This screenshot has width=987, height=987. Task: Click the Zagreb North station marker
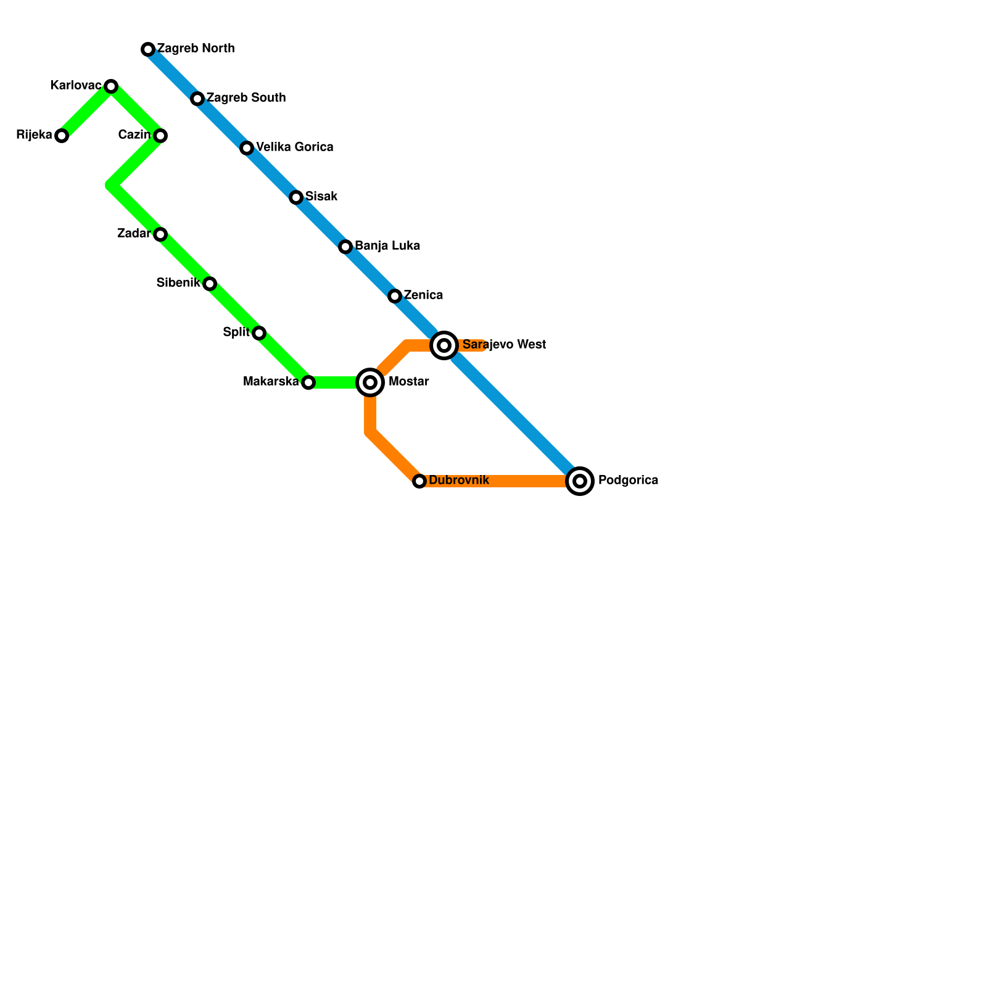pyautogui.click(x=148, y=49)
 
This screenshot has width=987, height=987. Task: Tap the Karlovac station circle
pyautogui.click(x=111, y=86)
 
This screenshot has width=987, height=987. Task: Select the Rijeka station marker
pyautogui.click(x=62, y=136)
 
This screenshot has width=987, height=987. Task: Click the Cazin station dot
pyautogui.click(x=160, y=136)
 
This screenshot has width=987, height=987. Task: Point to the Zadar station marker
pyautogui.click(x=160, y=234)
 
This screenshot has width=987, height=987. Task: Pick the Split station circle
pyautogui.click(x=259, y=333)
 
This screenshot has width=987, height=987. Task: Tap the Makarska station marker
pyautogui.click(x=308, y=382)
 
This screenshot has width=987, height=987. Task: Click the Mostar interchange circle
pyautogui.click(x=370, y=382)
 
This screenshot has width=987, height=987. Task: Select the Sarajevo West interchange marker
pyautogui.click(x=444, y=345)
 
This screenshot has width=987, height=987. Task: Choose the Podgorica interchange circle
pyautogui.click(x=580, y=481)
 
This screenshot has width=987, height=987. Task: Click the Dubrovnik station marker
pyautogui.click(x=419, y=481)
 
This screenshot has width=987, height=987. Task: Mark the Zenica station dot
pyautogui.click(x=395, y=296)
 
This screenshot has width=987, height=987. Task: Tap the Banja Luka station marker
pyautogui.click(x=345, y=247)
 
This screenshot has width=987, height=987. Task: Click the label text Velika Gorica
pyautogui.click(x=294, y=147)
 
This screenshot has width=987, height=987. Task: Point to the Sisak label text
pyautogui.click(x=321, y=197)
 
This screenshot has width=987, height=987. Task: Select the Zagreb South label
pyautogui.click(x=246, y=98)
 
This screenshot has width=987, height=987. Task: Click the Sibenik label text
pyautogui.click(x=178, y=283)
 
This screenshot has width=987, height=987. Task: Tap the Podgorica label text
pyautogui.click(x=628, y=481)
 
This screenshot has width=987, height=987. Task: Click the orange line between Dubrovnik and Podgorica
pyautogui.click(x=500, y=481)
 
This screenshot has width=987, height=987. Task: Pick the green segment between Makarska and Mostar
pyautogui.click(x=336, y=382)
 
